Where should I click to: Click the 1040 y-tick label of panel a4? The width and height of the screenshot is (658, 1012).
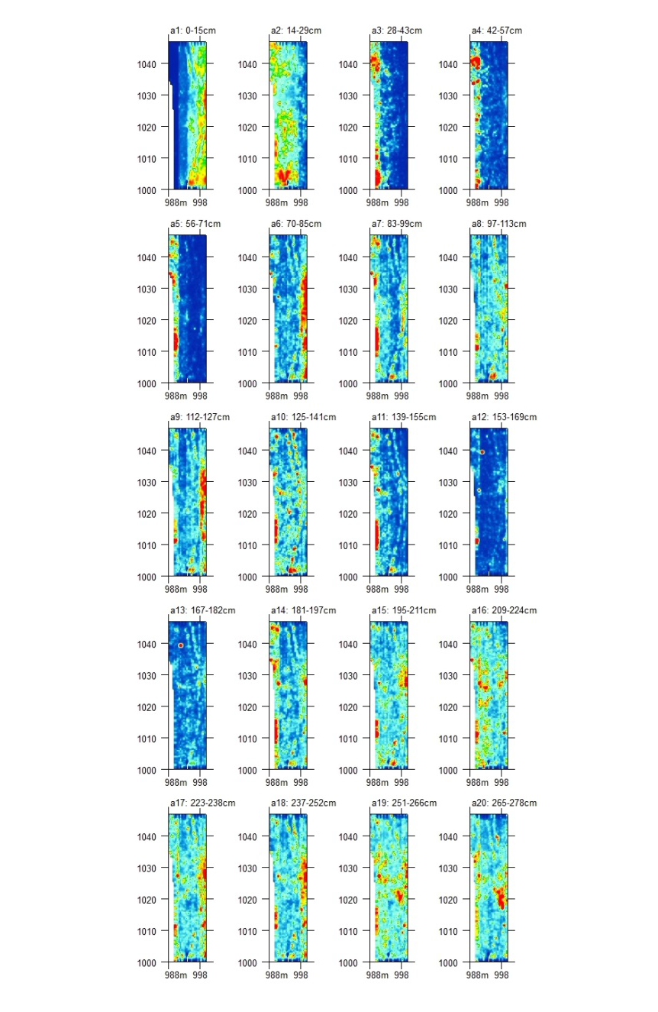pyautogui.click(x=448, y=64)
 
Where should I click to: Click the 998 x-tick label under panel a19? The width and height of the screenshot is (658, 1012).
pyautogui.click(x=402, y=975)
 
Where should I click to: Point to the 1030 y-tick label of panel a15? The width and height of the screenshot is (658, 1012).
pyautogui.click(x=347, y=676)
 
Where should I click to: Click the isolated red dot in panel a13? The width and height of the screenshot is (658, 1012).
pyautogui.click(x=181, y=645)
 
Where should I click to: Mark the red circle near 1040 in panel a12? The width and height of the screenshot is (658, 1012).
pyautogui.click(x=482, y=452)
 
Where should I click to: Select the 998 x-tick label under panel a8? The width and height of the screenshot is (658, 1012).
pyautogui.click(x=502, y=396)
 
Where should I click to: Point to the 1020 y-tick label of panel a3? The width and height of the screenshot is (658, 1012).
pyautogui.click(x=347, y=128)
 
